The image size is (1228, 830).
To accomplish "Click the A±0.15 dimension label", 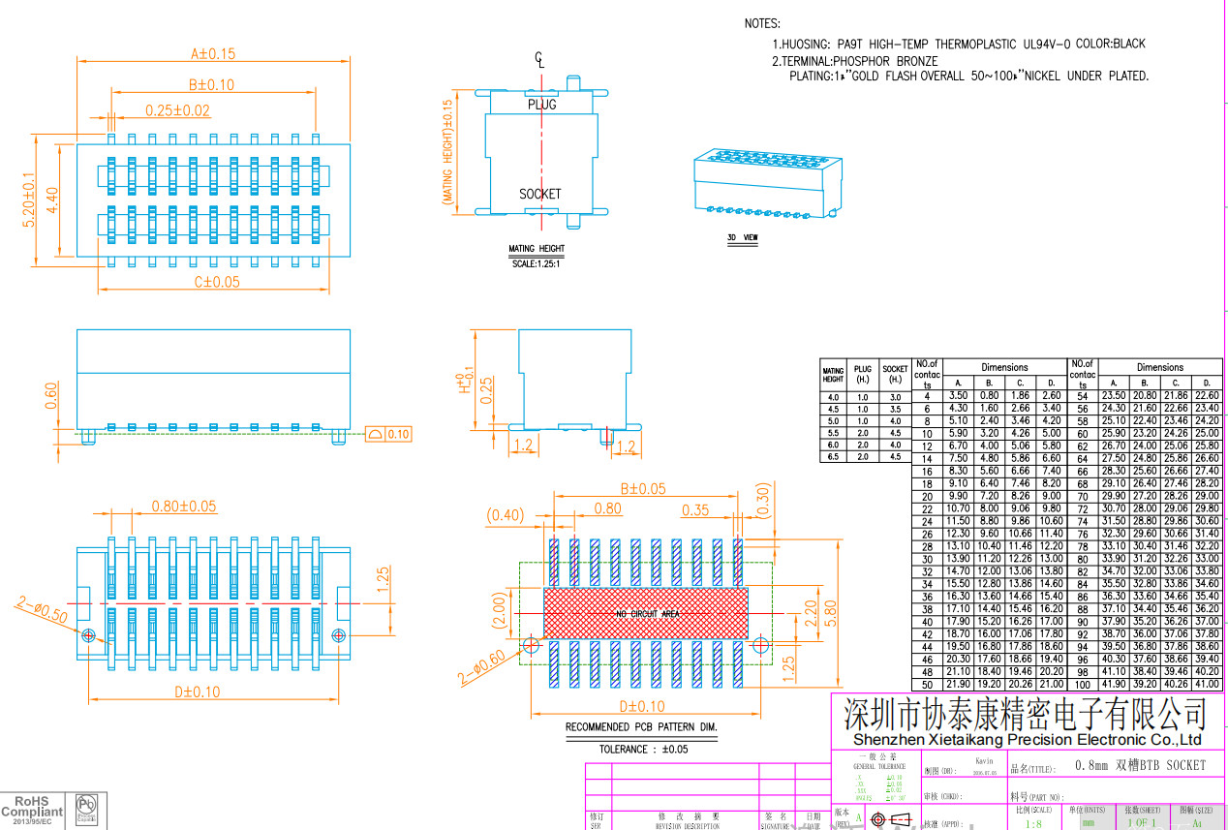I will click(x=214, y=53).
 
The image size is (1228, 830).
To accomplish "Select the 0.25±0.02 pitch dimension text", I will click(x=177, y=110).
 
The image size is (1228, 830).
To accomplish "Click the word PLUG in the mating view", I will click(x=542, y=104).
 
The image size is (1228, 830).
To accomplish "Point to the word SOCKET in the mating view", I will click(x=539, y=194).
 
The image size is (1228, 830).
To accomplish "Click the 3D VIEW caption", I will click(x=743, y=236).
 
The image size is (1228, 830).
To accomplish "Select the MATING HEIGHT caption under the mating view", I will click(x=537, y=249).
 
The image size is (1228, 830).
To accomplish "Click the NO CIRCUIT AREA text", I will click(x=647, y=614).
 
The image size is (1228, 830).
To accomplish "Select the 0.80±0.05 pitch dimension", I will click(x=184, y=506).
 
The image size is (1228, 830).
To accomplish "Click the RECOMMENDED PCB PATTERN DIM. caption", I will click(x=642, y=726).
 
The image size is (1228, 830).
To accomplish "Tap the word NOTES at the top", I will click(x=762, y=23).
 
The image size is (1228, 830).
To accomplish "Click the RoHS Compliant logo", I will click(x=32, y=811).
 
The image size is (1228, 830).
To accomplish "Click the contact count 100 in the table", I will click(x=1082, y=685).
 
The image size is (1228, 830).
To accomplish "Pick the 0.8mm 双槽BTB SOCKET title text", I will click(x=1141, y=765).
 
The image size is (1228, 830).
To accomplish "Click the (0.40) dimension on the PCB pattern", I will click(x=505, y=513).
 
